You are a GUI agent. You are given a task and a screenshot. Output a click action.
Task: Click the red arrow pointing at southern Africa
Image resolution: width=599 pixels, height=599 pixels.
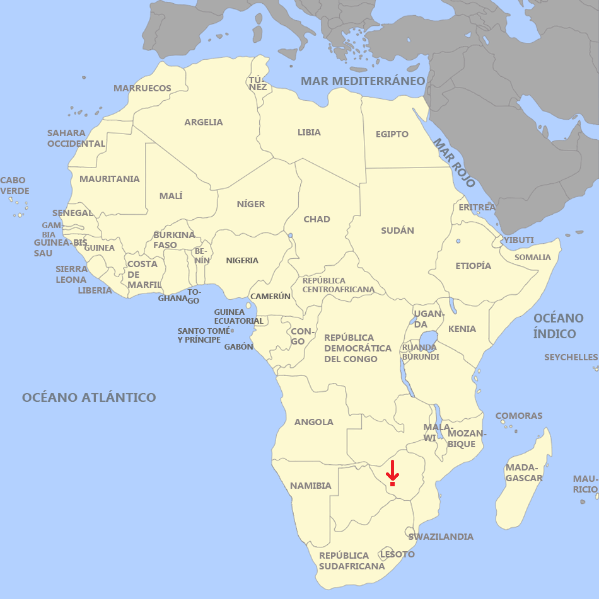pos(392,472)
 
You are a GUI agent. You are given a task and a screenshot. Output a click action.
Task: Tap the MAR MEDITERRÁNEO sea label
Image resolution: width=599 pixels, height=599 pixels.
pos(363,81)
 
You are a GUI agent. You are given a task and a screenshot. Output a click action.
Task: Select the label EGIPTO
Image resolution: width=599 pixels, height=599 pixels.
pos(392,134)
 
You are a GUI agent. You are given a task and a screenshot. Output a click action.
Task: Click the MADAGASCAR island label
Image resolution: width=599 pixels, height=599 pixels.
pos(523,473)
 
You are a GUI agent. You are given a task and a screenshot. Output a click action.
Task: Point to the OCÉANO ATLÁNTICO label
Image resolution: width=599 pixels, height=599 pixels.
pos(89,397)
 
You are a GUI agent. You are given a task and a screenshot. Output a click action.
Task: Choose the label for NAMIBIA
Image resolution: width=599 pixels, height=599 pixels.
pos(310,486)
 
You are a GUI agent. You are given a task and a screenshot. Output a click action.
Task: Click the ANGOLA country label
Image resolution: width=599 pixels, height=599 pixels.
pos(313,422)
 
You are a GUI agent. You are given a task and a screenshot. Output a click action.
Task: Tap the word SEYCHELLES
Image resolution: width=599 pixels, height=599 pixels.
pos(571,358)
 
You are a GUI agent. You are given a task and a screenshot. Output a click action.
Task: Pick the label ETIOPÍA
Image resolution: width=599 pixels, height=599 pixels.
pos(473,266)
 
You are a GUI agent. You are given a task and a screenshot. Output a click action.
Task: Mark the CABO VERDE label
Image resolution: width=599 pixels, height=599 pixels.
pos(15,186)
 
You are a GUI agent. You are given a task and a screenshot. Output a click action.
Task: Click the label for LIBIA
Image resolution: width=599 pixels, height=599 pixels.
pos(309,132)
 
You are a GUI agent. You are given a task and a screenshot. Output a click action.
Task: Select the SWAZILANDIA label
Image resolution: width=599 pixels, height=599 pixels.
pos(441,537)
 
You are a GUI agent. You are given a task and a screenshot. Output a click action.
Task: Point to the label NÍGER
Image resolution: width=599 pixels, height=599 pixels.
pos(251,204)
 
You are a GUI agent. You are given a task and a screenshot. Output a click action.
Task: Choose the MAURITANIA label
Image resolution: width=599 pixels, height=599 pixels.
pos(109,179)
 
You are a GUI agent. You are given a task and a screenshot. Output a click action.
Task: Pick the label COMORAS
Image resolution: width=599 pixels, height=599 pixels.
pos(519,416)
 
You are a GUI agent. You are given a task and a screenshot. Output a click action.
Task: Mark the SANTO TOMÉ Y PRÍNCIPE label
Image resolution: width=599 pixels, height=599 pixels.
pos(199,335)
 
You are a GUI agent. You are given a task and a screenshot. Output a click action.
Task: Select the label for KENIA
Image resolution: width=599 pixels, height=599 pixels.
pos(462,329)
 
